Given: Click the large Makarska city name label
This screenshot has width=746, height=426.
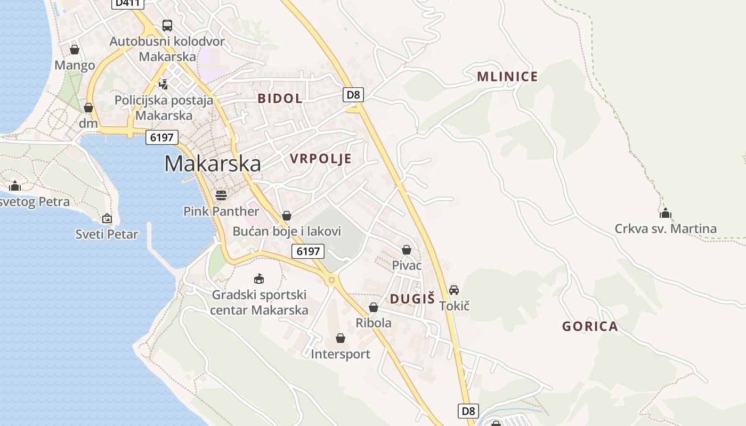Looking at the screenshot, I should [213, 163].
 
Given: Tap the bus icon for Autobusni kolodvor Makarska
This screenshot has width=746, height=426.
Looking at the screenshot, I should [167, 25].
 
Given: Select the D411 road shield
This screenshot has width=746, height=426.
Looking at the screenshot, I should [128, 3].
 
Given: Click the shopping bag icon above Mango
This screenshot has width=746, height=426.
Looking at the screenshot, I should [75, 50].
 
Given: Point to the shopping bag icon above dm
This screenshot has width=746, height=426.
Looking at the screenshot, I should [88, 108].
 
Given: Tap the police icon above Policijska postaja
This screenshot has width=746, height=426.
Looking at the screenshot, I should [164, 84].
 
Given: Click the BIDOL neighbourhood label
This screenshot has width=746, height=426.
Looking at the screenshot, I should [280, 99].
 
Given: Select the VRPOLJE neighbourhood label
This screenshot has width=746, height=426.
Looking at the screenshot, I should [321, 159].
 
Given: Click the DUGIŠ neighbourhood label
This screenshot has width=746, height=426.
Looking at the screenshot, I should [412, 299].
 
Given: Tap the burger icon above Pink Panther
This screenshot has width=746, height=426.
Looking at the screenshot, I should [221, 195].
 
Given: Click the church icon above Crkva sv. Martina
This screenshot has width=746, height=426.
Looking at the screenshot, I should [665, 213].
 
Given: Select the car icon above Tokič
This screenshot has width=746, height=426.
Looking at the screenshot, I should [454, 290].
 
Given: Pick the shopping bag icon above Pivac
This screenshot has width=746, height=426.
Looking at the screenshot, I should [407, 249].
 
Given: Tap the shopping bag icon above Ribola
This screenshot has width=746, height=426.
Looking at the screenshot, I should [374, 307].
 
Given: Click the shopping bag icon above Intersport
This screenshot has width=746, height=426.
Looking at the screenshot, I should [340, 338].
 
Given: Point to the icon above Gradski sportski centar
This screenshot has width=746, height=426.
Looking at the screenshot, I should [259, 278].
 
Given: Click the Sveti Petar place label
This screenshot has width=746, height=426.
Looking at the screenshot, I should [107, 234].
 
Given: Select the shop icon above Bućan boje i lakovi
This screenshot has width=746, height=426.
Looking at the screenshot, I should [287, 216].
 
